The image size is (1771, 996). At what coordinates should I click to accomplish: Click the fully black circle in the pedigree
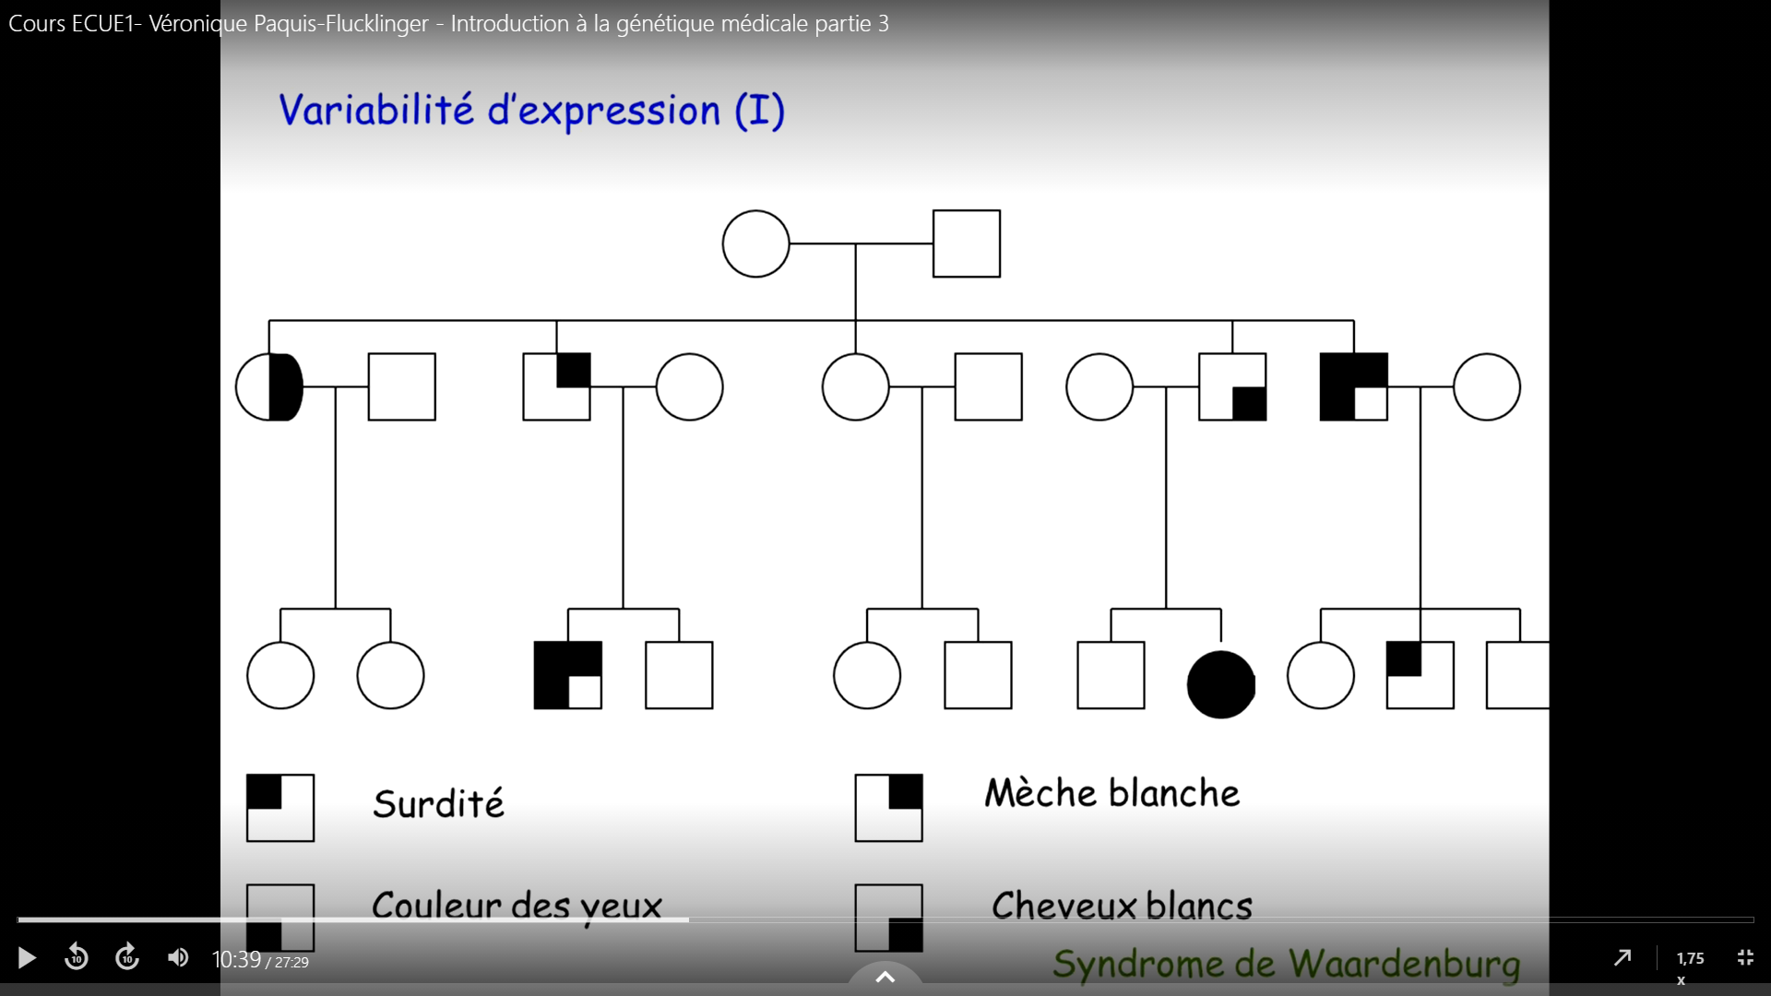1220,684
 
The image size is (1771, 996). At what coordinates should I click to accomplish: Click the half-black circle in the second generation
269,387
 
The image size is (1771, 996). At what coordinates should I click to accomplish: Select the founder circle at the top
755,244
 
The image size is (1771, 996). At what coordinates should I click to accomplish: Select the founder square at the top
966,244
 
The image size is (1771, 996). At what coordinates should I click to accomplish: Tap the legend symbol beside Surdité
280,808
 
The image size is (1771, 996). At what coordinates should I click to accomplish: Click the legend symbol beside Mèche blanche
888,808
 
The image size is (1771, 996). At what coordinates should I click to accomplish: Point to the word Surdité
438,804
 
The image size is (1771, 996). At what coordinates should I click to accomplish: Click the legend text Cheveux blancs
1122,906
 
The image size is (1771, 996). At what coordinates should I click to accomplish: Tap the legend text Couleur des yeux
517,906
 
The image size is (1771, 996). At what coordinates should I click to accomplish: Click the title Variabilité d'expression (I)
531,111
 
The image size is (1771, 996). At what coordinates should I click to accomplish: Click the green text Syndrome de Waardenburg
1286,964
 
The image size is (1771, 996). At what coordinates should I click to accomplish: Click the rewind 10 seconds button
77,958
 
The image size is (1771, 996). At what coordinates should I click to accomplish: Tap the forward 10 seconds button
127,958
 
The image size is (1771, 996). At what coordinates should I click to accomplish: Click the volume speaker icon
178,958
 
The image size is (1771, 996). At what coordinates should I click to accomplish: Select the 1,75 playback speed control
1690,959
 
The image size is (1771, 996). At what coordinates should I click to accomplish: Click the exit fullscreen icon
1745,958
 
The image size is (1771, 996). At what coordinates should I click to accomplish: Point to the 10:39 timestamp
236,960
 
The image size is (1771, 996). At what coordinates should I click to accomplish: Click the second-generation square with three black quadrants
1353,387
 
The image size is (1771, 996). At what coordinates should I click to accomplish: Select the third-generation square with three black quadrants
568,675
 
